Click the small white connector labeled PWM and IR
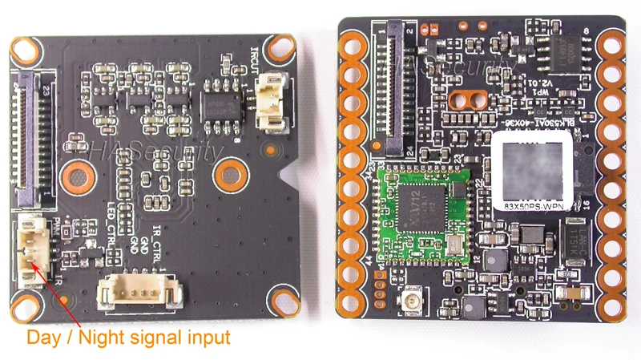[29, 249]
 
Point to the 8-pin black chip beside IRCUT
[218, 105]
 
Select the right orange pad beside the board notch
[229, 171]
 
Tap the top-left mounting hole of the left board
[23, 51]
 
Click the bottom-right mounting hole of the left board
[282, 303]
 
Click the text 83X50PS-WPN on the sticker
[533, 208]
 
